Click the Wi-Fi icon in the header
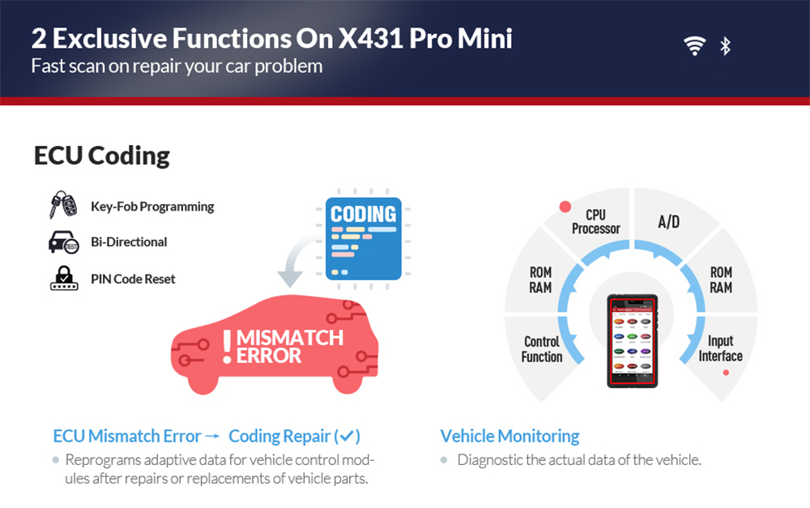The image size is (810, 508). click(694, 46)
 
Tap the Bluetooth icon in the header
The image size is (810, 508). click(725, 46)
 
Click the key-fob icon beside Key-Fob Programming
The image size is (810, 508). click(63, 206)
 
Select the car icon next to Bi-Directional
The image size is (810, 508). click(63, 241)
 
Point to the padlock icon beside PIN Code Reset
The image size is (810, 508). click(63, 278)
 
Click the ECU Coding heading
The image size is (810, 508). click(102, 155)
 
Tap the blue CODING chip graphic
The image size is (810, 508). click(364, 238)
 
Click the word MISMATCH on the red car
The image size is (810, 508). click(289, 337)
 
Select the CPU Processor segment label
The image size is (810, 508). click(595, 221)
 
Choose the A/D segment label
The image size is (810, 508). click(668, 221)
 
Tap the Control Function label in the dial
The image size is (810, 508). click(542, 349)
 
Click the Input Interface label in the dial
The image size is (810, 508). click(720, 349)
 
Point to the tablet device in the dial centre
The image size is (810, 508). click(633, 340)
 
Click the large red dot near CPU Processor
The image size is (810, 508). click(565, 207)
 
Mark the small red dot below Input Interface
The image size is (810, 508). click(726, 373)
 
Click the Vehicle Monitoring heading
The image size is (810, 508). click(509, 436)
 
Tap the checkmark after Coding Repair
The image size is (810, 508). click(347, 436)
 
